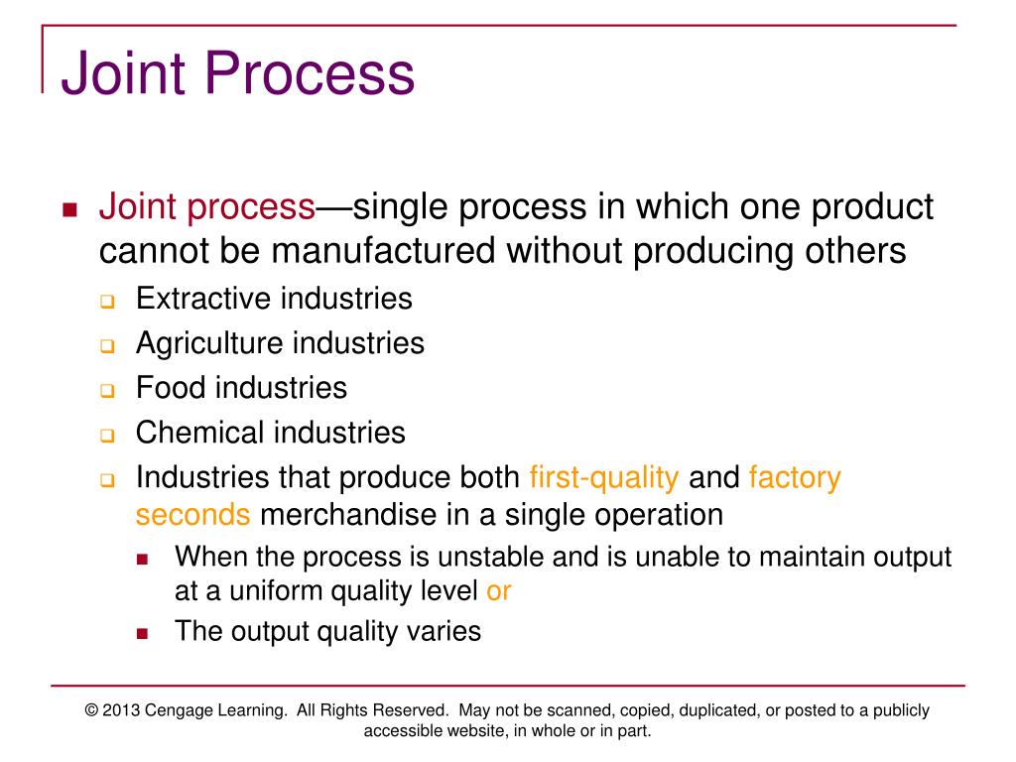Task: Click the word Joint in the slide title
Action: click(x=122, y=75)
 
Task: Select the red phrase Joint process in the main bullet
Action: click(x=206, y=207)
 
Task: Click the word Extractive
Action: click(x=203, y=298)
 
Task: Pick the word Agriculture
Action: click(x=209, y=343)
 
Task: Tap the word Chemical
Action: click(x=200, y=433)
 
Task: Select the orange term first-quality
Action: click(x=604, y=477)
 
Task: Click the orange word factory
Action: click(x=795, y=477)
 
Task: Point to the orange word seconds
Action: click(x=192, y=516)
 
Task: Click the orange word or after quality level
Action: click(x=498, y=591)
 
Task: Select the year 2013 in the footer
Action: click(x=122, y=710)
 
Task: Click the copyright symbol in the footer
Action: click(x=92, y=710)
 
